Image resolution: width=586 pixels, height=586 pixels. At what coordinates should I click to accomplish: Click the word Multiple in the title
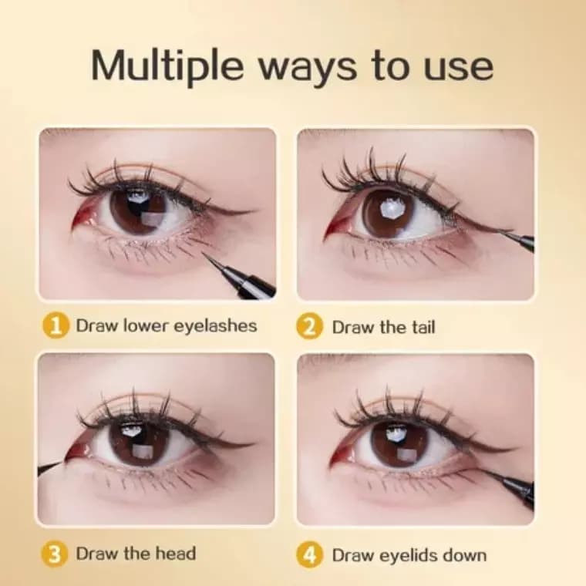[x=167, y=66]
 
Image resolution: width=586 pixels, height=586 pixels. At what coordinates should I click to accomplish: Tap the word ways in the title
[x=308, y=69]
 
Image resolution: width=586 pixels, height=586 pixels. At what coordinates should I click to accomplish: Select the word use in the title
[x=458, y=69]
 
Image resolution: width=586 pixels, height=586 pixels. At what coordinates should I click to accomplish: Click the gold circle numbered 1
[x=56, y=326]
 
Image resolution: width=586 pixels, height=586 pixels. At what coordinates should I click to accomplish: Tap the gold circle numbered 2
[x=309, y=327]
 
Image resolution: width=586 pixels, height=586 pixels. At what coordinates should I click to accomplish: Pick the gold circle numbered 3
[x=55, y=554]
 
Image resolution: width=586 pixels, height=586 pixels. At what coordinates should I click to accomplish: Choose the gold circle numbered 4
[x=309, y=555]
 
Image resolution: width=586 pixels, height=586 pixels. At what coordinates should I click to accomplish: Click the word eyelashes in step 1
[x=216, y=326]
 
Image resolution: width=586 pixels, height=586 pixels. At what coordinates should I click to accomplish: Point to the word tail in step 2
[x=423, y=327]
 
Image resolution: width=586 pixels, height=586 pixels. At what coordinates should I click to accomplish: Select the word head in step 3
[x=176, y=554]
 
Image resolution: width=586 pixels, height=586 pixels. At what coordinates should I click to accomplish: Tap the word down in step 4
[x=464, y=555]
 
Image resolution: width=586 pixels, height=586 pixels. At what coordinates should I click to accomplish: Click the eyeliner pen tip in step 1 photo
[x=204, y=254]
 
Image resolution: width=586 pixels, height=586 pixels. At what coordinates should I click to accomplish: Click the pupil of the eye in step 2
[x=389, y=212]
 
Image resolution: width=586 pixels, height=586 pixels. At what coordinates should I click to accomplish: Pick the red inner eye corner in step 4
[x=339, y=453]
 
